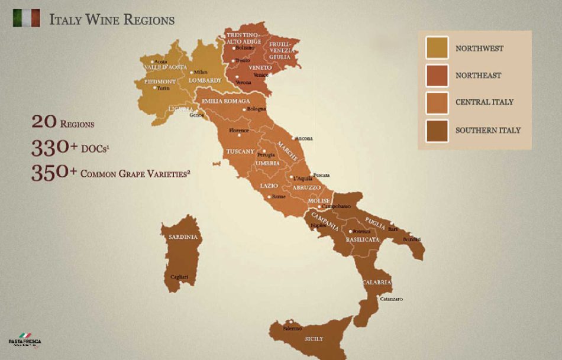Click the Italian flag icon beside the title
[x=27, y=18]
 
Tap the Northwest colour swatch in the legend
[x=437, y=48]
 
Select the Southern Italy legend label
[x=488, y=130]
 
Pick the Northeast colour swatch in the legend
[x=437, y=75]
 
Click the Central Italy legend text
[x=484, y=102]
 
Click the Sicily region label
[x=314, y=339]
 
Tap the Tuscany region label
[x=240, y=152]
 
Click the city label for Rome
[x=279, y=197]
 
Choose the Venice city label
[x=260, y=75]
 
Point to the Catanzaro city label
[x=391, y=299]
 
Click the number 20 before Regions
[x=44, y=122]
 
